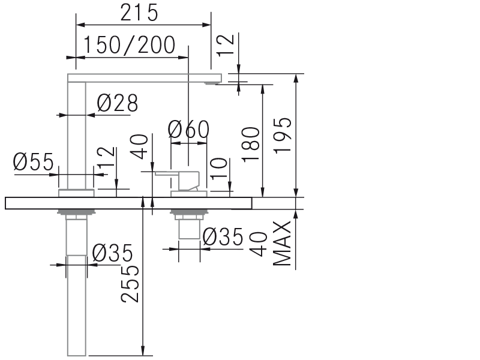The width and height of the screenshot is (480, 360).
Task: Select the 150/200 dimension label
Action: pos(129,45)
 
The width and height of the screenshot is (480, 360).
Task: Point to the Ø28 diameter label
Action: pos(117,104)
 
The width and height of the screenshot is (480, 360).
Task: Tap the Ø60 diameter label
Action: pos(188,130)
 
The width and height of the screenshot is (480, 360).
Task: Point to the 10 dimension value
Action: pos(220,170)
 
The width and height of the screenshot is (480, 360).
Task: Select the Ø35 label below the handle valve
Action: pos(223,238)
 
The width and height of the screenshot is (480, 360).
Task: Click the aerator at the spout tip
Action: pos(212,83)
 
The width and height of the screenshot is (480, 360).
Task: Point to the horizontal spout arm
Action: pos(144,78)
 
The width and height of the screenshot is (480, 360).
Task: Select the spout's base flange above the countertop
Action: pos(76,193)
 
